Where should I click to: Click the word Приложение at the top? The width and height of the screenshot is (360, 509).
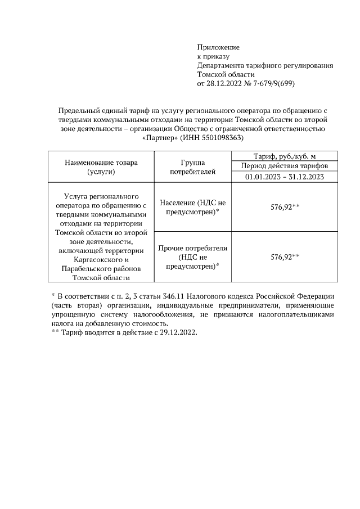click(x=218, y=47)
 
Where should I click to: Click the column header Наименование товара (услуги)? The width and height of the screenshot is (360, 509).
click(x=101, y=168)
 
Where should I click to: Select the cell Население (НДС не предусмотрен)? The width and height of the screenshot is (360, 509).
click(x=192, y=207)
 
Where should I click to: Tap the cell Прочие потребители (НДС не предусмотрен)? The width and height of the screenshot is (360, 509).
click(x=192, y=256)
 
